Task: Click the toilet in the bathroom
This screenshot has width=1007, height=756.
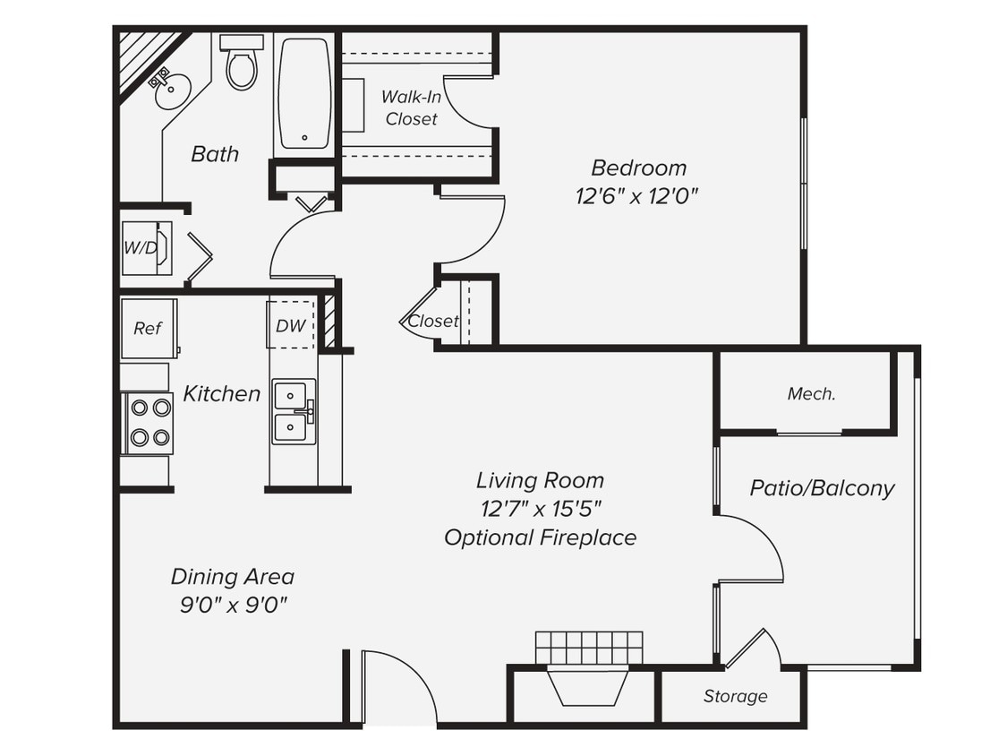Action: pos(241,64)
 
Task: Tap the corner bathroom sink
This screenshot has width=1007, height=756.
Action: pos(171,90)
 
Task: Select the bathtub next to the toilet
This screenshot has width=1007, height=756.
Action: pos(304,92)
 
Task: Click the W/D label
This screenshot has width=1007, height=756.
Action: pos(140,248)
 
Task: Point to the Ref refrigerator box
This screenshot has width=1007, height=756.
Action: pos(148,329)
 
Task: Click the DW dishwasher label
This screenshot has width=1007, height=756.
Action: pos(290,326)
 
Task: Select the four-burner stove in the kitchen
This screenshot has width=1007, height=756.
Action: pos(149,423)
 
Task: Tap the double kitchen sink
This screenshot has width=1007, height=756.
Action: pos(294,411)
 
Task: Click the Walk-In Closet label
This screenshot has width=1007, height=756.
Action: pos(411,107)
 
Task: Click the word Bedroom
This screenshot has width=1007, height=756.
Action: pos(639,168)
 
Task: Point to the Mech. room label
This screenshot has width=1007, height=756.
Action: pos(811,393)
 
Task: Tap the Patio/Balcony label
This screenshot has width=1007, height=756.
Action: pos(822,488)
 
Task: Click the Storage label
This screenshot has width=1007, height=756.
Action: pos(735,696)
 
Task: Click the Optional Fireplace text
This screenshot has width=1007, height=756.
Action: pos(540,537)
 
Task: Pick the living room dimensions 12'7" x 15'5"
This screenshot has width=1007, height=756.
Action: pos(540,509)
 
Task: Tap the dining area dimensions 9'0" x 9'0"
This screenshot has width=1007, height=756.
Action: pos(233,605)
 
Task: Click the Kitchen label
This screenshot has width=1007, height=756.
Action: pos(221,393)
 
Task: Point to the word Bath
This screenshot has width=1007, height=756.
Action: pos(215,154)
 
